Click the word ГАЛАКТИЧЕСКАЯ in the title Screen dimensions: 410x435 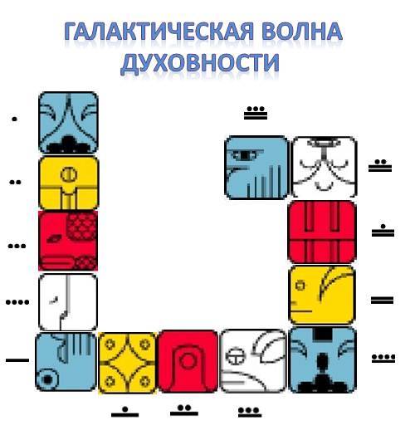tap(159, 32)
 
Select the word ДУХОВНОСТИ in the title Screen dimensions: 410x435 tap(200, 63)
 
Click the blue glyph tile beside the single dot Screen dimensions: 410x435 tap(69, 123)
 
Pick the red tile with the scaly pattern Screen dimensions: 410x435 tap(68, 240)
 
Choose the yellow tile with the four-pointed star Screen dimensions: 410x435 tap(128, 363)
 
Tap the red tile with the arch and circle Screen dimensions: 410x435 tap(188, 361)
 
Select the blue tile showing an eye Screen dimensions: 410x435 tap(256, 168)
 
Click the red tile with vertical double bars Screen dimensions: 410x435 tap(322, 232)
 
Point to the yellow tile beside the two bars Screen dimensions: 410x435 tap(322, 296)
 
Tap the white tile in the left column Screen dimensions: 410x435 tap(68, 302)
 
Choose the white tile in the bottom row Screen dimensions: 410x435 tap(253, 361)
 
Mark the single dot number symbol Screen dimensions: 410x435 tap(14, 120)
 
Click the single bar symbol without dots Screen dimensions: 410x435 tap(17, 360)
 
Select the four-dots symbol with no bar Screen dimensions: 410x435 tap(17, 302)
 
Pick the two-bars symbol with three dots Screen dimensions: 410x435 tap(256, 113)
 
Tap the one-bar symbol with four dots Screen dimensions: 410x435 tap(383, 358)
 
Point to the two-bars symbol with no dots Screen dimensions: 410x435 tap(383, 301)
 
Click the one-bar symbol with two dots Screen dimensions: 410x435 tap(184, 410)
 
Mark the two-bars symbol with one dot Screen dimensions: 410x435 tap(383, 230)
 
